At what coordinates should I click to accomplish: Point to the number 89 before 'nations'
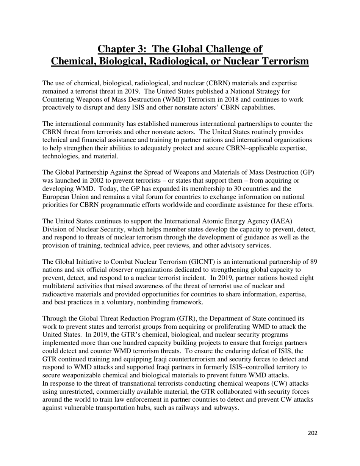[313, 262]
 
